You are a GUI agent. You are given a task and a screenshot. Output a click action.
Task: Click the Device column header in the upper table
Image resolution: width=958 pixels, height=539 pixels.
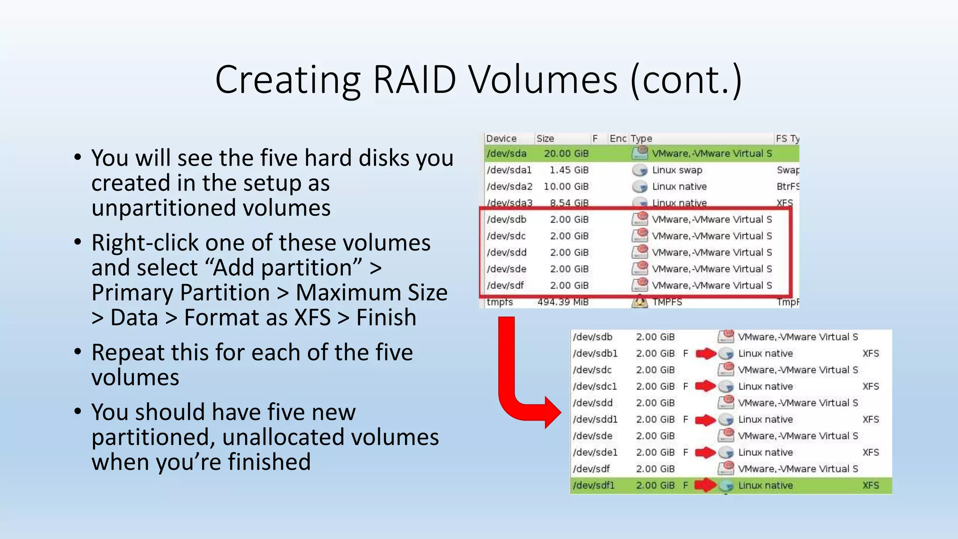click(x=501, y=138)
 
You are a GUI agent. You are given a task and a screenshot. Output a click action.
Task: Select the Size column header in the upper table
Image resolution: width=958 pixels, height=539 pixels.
click(x=545, y=138)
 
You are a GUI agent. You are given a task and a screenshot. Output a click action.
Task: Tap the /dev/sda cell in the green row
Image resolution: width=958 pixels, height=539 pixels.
click(x=506, y=153)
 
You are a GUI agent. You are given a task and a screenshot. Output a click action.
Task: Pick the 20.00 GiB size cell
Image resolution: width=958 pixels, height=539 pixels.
click(x=566, y=153)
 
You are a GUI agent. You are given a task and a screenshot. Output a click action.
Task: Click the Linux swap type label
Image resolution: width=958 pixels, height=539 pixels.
click(x=677, y=170)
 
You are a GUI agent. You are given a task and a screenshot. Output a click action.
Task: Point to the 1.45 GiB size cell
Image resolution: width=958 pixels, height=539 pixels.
click(x=569, y=170)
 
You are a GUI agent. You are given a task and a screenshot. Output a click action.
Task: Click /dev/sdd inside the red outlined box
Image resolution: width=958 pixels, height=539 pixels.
click(x=507, y=253)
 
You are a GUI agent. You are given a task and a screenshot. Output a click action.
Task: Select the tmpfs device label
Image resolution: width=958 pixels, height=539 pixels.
click(x=500, y=302)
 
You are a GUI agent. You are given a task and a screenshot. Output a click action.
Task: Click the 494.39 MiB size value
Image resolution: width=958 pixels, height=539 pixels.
click(x=563, y=302)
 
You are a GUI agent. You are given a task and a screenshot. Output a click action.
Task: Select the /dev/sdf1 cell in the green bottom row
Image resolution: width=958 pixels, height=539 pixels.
click(x=594, y=486)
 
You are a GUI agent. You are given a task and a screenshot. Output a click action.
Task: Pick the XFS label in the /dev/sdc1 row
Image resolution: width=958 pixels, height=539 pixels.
click(x=871, y=386)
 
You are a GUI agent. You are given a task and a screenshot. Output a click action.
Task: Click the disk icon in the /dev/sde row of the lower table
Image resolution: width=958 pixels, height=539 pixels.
click(x=726, y=435)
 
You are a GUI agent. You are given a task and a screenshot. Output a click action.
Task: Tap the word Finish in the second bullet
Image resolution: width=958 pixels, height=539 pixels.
click(x=386, y=318)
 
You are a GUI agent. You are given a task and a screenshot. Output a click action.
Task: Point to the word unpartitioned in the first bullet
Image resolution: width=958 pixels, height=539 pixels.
click(x=211, y=208)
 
